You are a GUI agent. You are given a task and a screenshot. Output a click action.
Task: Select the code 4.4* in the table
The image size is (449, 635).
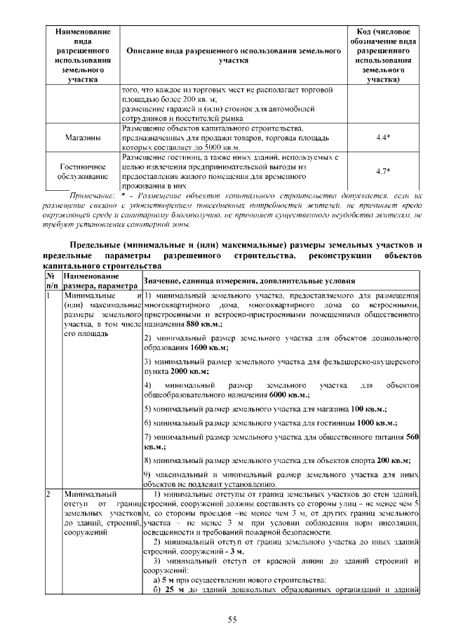click(x=382, y=138)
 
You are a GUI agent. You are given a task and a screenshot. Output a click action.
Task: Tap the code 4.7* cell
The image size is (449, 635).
click(x=382, y=171)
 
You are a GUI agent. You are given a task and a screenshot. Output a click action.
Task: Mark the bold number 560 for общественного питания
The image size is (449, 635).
click(x=413, y=437)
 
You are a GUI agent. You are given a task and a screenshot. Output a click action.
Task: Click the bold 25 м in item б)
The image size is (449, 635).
click(x=172, y=588)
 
